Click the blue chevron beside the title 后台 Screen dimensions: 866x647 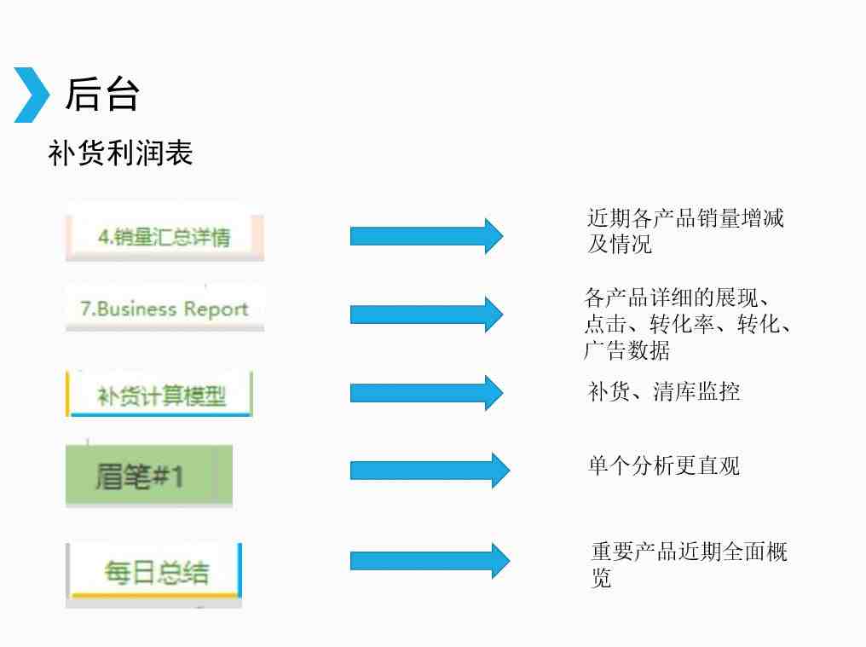[32, 95]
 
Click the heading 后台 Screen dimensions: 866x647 [102, 95]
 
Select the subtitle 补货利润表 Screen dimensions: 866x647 [120, 153]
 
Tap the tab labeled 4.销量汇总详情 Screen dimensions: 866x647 [165, 237]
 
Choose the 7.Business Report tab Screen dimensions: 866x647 [165, 309]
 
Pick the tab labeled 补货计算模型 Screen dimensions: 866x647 [159, 395]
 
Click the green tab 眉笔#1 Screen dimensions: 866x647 [149, 476]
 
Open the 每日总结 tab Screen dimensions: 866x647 [154, 572]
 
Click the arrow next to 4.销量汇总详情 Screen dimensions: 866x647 [426, 236]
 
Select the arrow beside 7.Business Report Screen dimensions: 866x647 [426, 315]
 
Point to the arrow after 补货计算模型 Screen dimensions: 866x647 [426, 393]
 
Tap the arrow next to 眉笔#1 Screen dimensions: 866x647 [430, 471]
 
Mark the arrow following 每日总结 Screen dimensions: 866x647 [430, 561]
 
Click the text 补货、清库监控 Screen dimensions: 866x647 [664, 391]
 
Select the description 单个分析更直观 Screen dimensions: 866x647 [664, 465]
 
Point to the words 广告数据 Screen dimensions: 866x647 [626, 350]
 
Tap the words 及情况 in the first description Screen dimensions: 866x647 [620, 244]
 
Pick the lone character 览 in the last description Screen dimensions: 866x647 [601, 578]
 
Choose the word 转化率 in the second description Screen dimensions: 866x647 [682, 324]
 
